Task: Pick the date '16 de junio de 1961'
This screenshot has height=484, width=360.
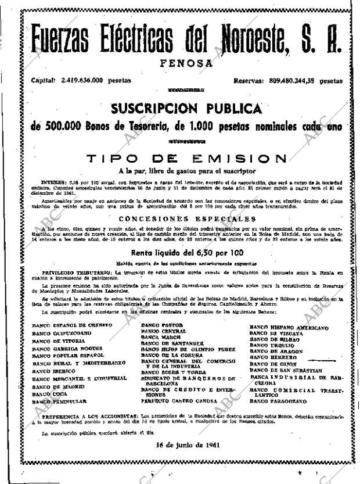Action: click(x=186, y=445)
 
